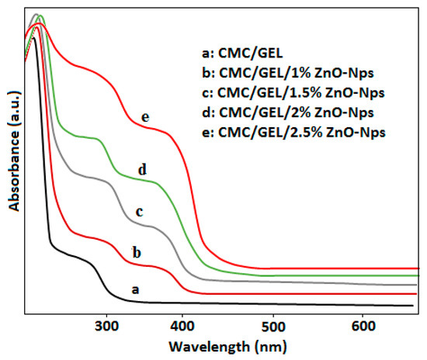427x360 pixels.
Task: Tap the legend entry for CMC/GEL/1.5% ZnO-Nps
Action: [290, 92]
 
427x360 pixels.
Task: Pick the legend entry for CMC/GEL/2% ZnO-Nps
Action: [286, 112]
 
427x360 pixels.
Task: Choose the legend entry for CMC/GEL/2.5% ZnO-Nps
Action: [291, 131]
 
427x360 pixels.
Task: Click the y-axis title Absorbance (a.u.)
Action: [12, 161]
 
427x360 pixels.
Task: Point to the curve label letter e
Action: [144, 117]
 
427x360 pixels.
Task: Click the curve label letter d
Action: [142, 169]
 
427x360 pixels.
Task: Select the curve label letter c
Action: [140, 210]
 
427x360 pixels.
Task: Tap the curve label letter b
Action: [137, 252]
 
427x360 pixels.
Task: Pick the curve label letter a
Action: [134, 289]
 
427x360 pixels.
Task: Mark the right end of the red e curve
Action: [418, 268]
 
